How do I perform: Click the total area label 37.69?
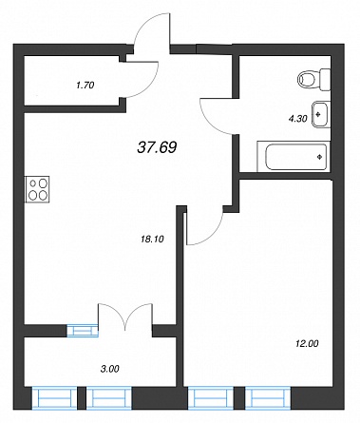(x=157, y=147)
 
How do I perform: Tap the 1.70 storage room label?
(x=85, y=85)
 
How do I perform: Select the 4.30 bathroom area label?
(x=298, y=119)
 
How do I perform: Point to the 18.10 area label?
(x=152, y=240)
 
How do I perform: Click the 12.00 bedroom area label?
(x=307, y=343)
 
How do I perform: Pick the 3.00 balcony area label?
(x=110, y=369)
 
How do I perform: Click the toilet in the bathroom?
(x=313, y=79)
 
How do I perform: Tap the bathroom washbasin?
(x=321, y=114)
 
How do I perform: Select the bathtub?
(x=294, y=157)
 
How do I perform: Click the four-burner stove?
(x=37, y=189)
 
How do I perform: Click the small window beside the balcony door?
(x=83, y=331)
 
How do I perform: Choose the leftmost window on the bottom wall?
(x=54, y=397)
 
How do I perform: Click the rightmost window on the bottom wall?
(x=268, y=397)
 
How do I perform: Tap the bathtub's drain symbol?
(x=320, y=156)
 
